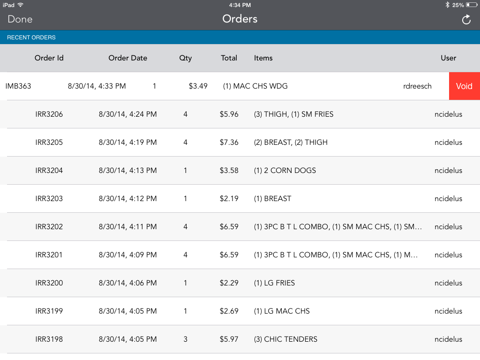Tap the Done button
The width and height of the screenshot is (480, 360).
tap(20, 19)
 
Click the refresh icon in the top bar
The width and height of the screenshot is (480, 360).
tap(466, 19)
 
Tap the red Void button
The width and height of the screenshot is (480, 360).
tap(464, 86)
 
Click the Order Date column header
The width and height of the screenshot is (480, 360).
tap(127, 58)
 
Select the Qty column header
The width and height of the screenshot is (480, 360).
tap(185, 58)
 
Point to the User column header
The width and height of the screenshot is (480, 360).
tap(448, 58)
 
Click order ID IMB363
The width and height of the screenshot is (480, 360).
tap(18, 86)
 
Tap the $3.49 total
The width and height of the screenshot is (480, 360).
tap(198, 86)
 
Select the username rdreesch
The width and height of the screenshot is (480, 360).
tap(417, 86)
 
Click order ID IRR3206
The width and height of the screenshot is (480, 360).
tap(49, 114)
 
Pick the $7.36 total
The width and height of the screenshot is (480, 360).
tap(229, 142)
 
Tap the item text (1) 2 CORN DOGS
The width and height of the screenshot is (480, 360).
tap(285, 171)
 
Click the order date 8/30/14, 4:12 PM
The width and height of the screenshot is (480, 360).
tap(127, 199)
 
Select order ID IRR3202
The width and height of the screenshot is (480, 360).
tap(49, 227)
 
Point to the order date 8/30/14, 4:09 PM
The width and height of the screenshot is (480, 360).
tap(127, 255)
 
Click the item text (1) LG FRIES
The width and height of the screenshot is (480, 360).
tap(274, 283)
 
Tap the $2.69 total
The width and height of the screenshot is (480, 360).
tap(229, 311)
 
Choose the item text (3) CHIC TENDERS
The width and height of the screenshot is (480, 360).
tap(285, 339)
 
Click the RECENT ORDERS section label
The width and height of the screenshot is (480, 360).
tap(31, 37)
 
